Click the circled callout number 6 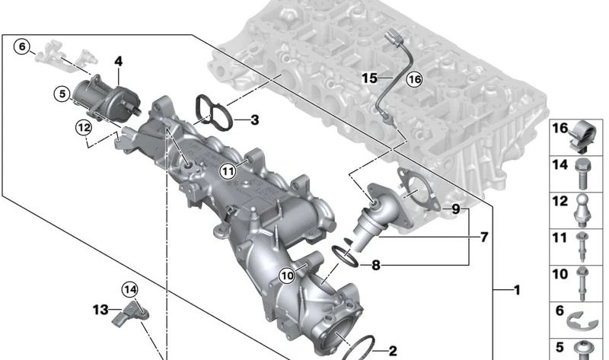(x=22, y=46)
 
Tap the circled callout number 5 (x=62, y=94)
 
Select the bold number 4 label (x=119, y=60)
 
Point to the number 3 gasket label (x=254, y=119)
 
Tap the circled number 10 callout (x=286, y=276)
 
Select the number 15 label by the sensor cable (x=369, y=78)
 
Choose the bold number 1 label (x=517, y=290)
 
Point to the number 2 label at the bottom (x=392, y=351)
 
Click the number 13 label (x=101, y=309)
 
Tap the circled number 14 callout (x=130, y=288)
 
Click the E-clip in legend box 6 (x=583, y=316)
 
